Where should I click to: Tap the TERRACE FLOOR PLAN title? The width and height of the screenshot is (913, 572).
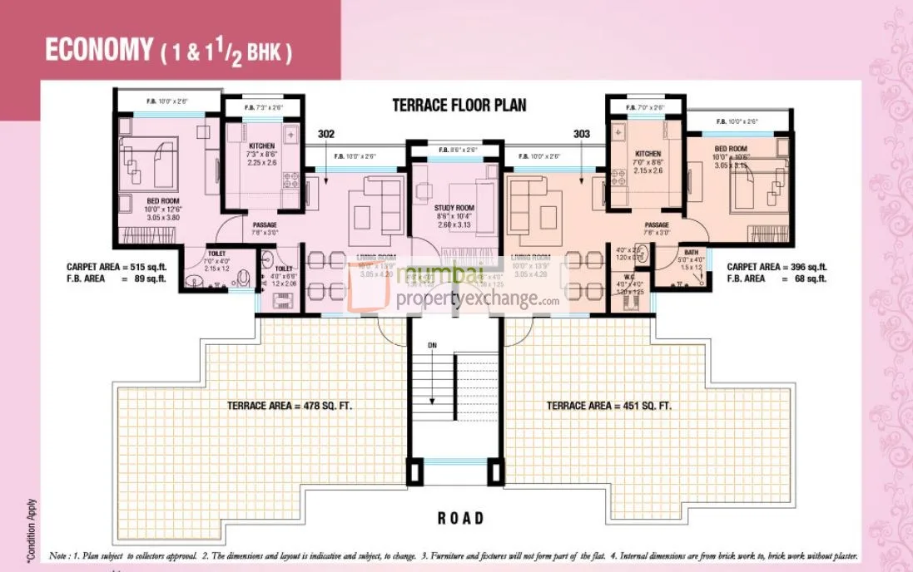[x=459, y=106]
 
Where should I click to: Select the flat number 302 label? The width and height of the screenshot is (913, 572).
[x=325, y=133]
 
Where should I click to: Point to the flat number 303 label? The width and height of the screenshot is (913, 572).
[x=582, y=133]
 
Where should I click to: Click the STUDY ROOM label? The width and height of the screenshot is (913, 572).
[x=454, y=208]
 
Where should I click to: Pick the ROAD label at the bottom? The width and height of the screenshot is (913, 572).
[x=460, y=518]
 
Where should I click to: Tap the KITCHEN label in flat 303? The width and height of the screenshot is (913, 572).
[x=648, y=154]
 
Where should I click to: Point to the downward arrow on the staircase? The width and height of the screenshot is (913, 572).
[x=432, y=391]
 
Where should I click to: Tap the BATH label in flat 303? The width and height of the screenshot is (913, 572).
[x=692, y=252]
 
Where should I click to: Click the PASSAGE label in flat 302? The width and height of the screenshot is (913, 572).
[x=265, y=225]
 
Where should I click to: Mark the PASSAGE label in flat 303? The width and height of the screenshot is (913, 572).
[x=656, y=225]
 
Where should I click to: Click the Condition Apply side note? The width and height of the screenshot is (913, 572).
[x=32, y=527]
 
